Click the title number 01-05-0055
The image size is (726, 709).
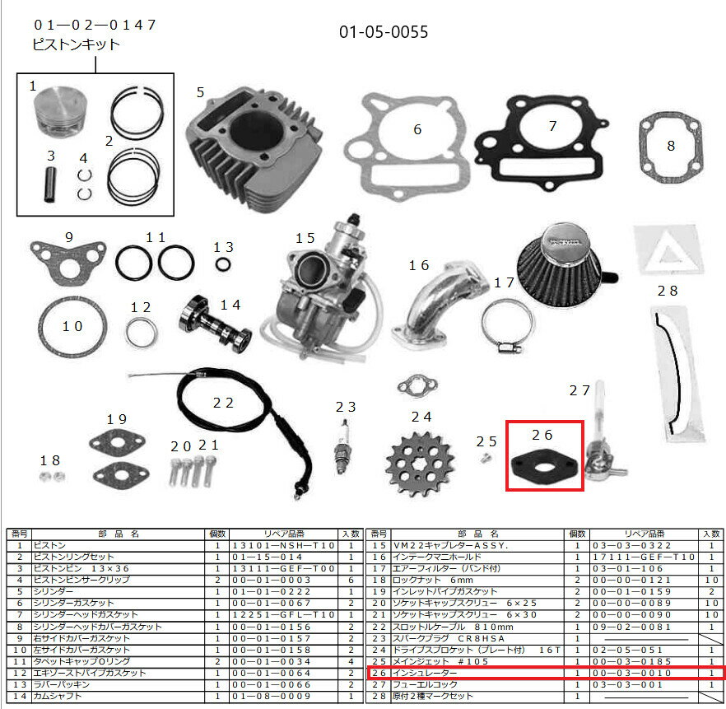coord(384,33)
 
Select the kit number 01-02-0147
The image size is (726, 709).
coord(95,25)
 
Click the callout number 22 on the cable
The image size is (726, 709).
coord(223,403)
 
